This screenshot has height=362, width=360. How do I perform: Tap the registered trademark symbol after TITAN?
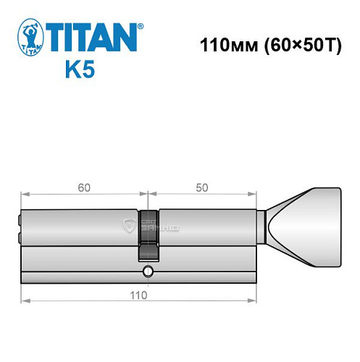[x=141, y=26]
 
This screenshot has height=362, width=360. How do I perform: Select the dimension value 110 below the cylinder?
[x=139, y=295]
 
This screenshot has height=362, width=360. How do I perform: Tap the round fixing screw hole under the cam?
[x=148, y=271]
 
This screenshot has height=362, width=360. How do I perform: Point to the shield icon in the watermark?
[x=130, y=227]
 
